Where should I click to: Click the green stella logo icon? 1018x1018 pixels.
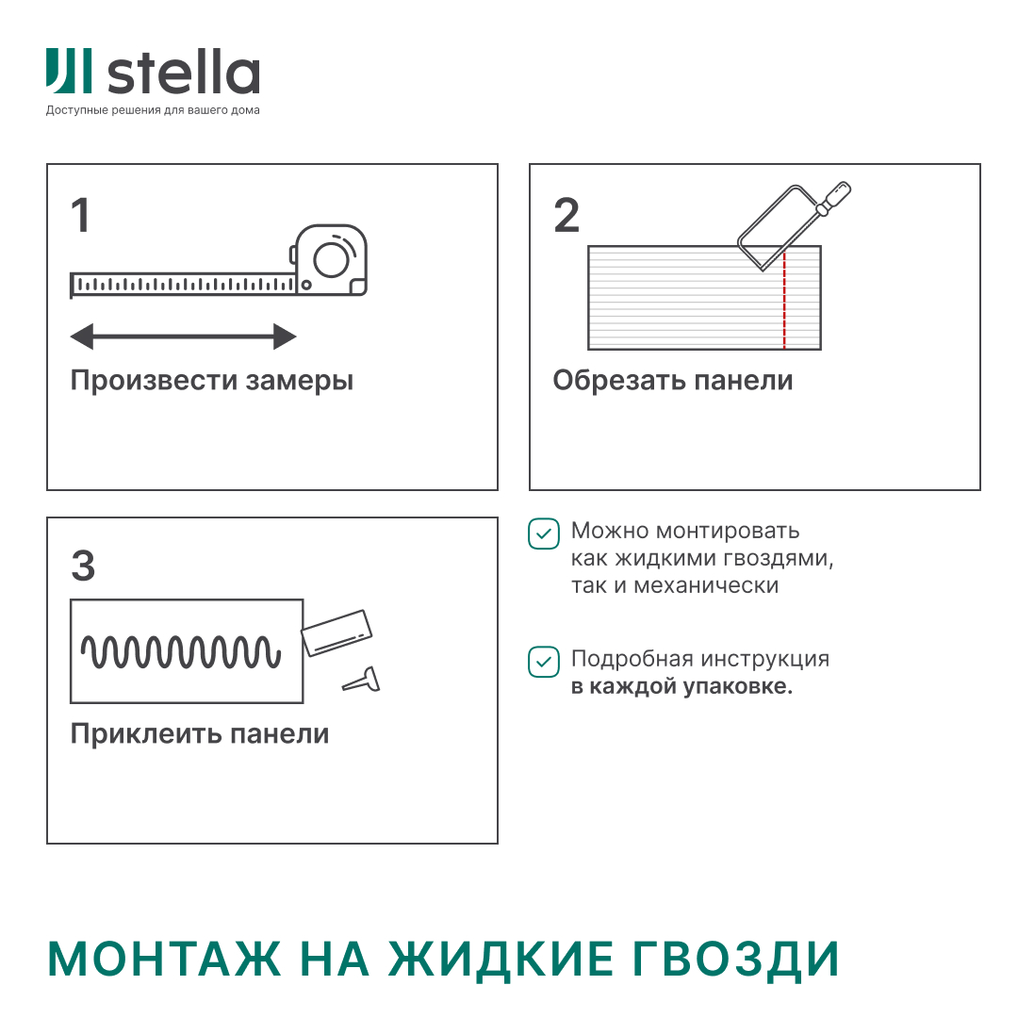point(69,72)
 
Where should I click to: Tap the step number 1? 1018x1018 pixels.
point(81,216)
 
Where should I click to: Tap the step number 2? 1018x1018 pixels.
point(566,216)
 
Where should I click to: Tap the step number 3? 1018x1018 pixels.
point(83,566)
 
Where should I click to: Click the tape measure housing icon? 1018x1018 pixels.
point(330,259)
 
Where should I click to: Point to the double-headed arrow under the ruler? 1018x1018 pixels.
point(184,336)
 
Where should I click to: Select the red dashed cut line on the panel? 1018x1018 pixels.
point(784,302)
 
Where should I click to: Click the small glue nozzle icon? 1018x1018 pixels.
point(362,680)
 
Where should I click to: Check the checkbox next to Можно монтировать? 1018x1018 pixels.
point(543,534)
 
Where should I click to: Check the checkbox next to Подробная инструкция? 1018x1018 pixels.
point(543,662)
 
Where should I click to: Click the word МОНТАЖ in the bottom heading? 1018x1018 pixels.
point(164,960)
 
